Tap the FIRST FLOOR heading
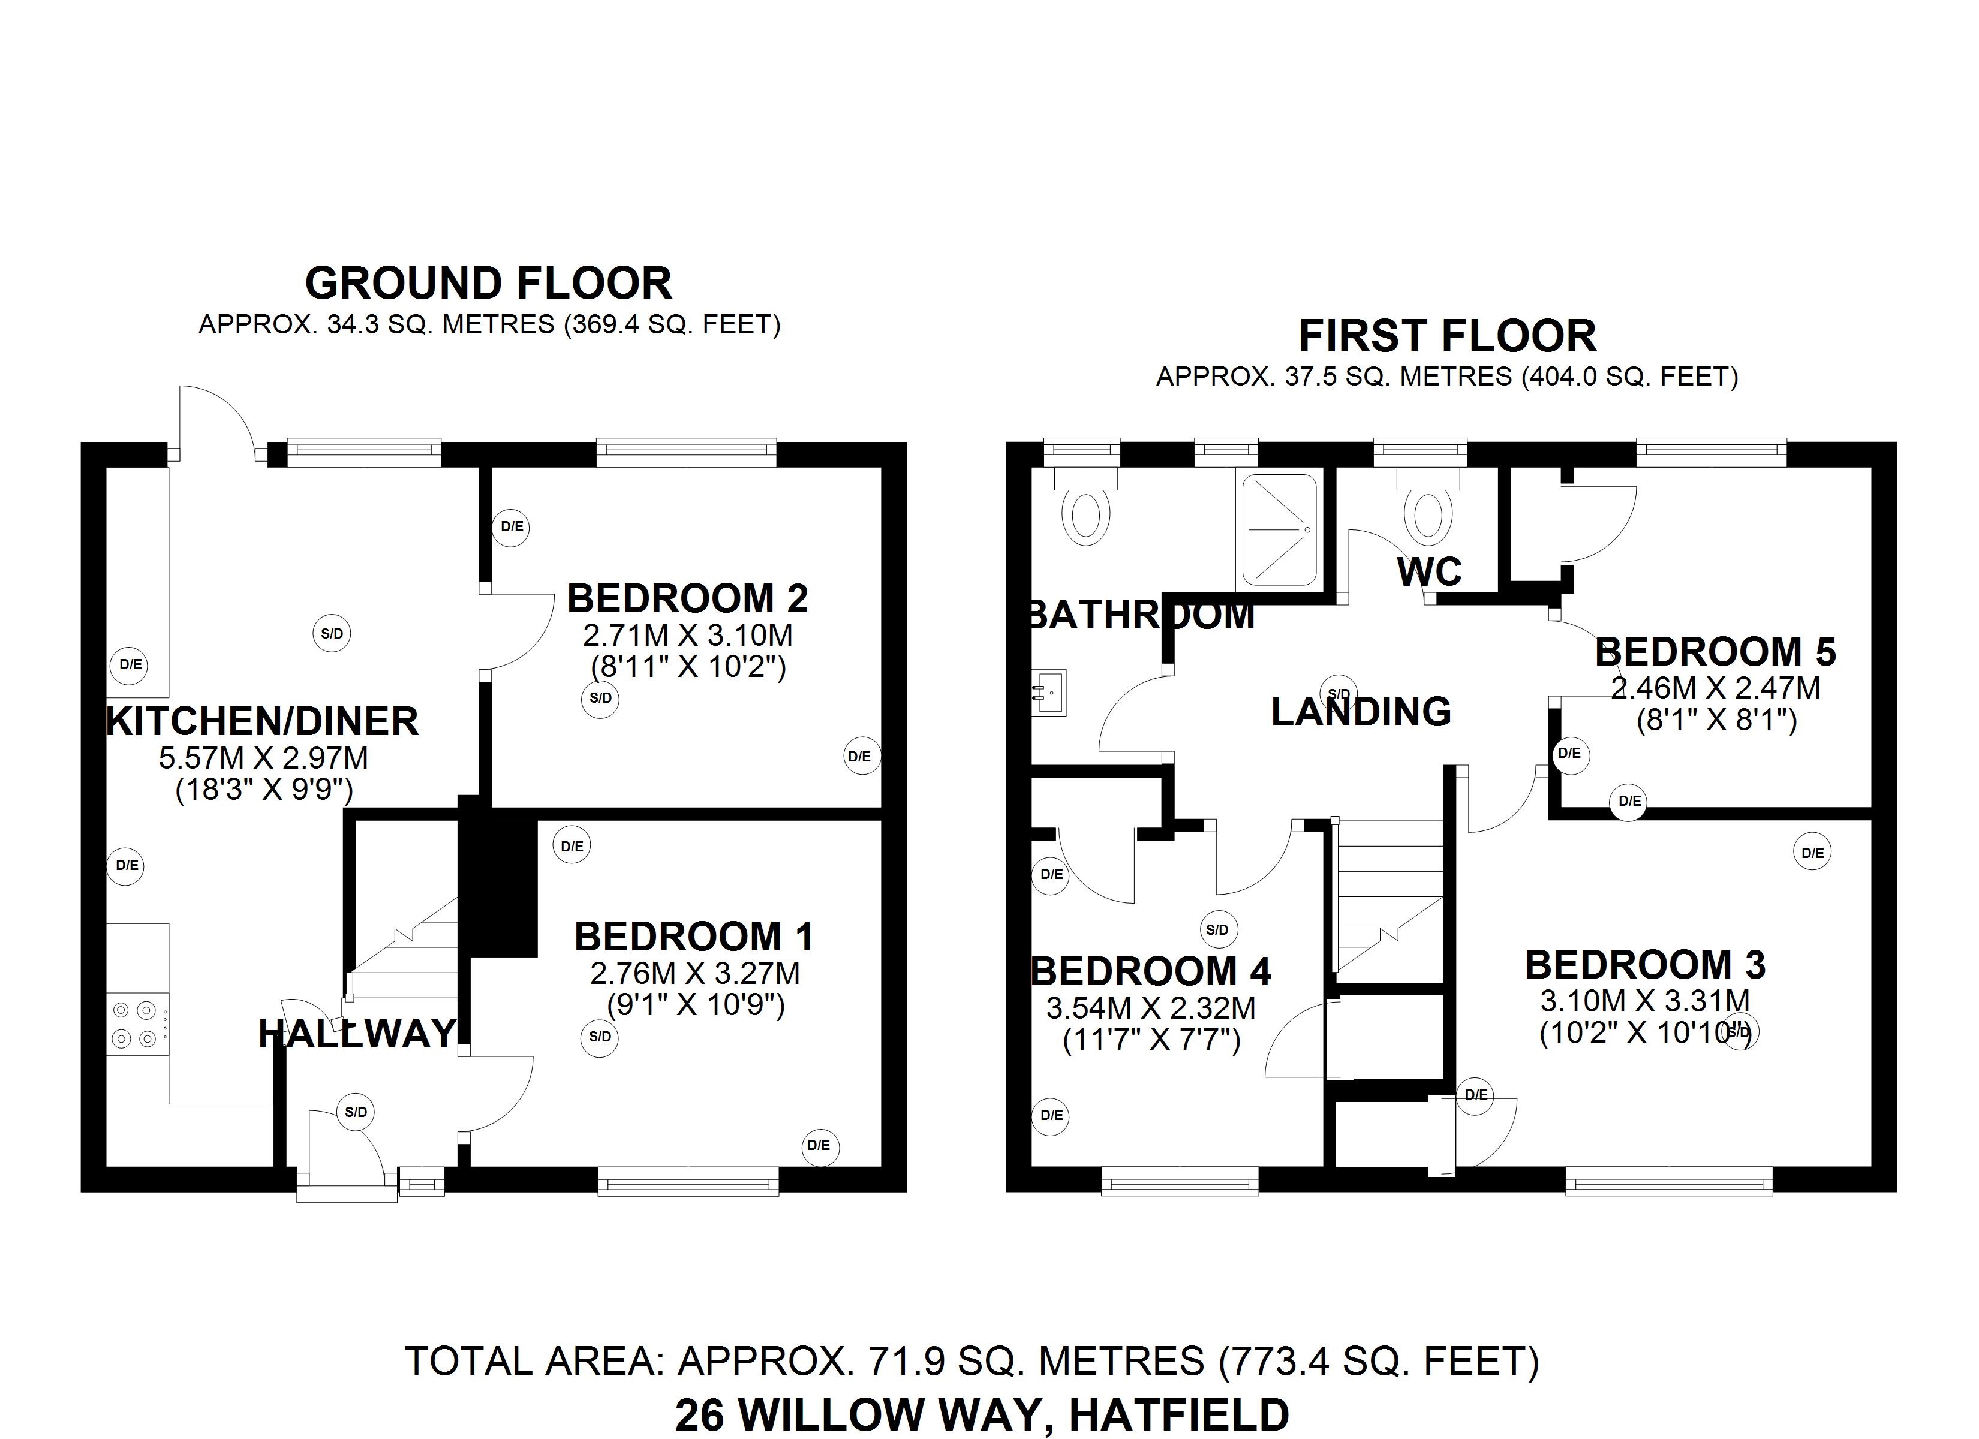[1446, 336]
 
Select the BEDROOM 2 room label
[688, 598]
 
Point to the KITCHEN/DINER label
[262, 722]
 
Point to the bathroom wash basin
[1049, 692]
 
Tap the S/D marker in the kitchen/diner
[332, 634]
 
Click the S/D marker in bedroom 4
[1217, 930]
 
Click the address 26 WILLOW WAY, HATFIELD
[982, 1414]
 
